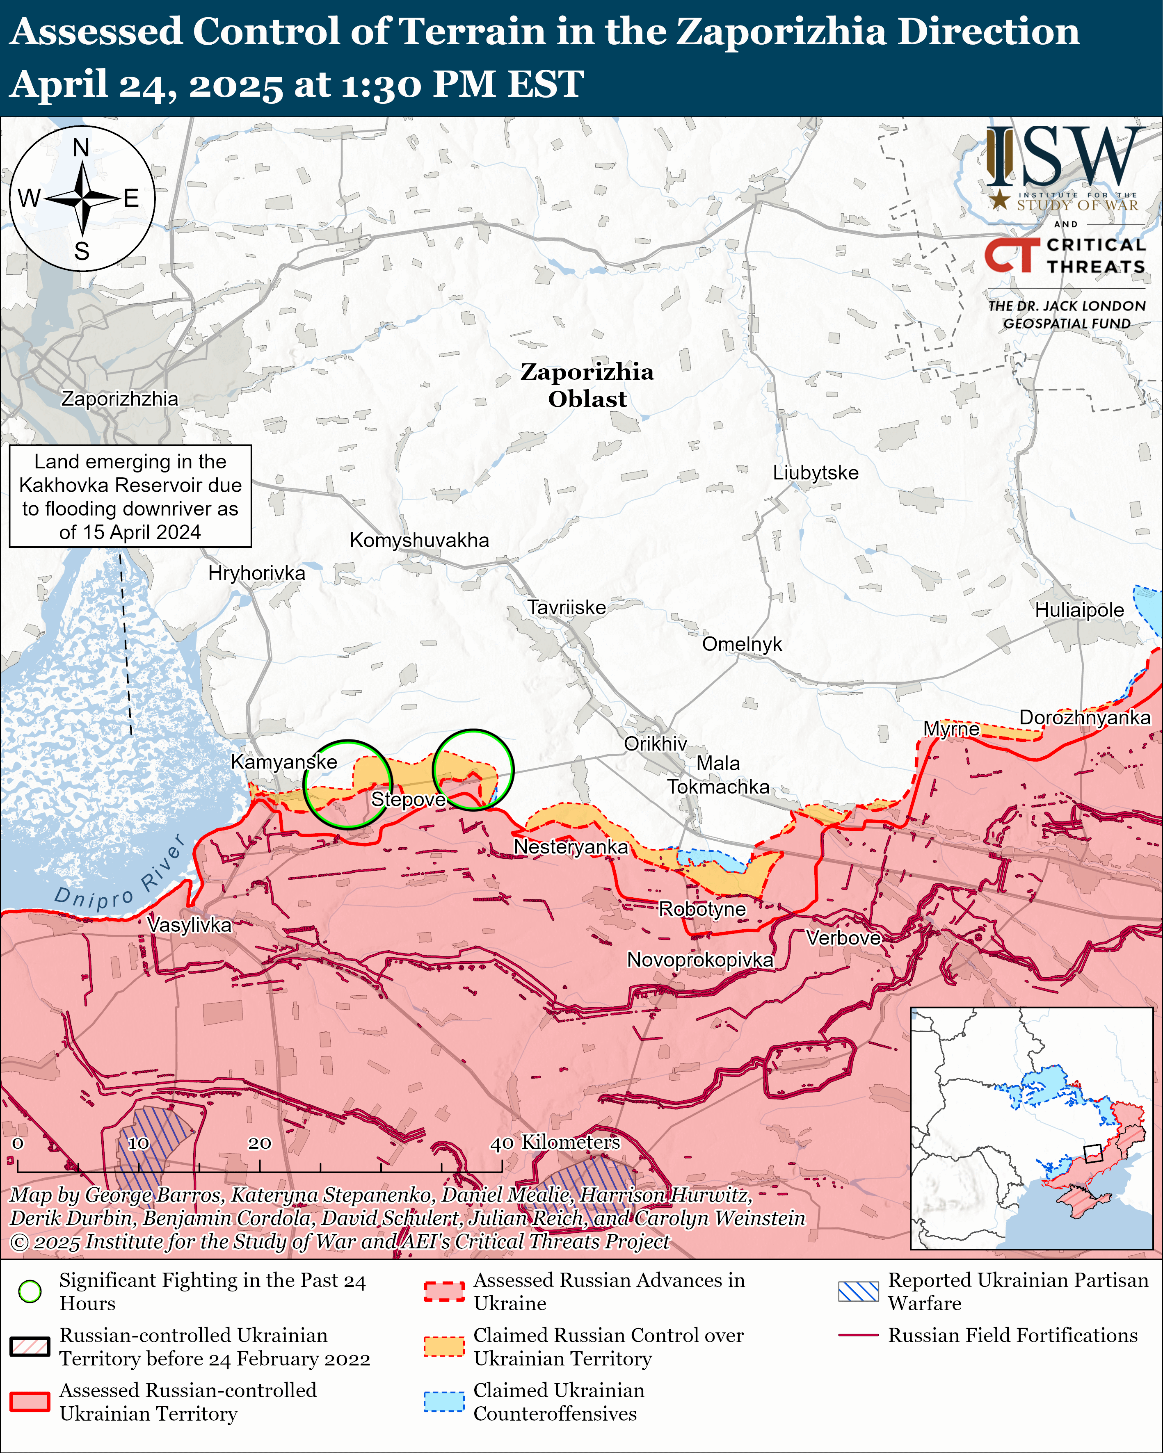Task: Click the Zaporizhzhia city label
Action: (120, 399)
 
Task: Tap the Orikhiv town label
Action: (655, 744)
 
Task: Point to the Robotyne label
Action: (702, 909)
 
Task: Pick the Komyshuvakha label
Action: (419, 541)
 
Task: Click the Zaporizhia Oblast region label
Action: (587, 385)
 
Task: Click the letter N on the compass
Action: (81, 148)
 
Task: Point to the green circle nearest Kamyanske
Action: (347, 785)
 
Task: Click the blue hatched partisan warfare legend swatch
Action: (858, 1292)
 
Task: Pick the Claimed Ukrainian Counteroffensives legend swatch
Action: (443, 1402)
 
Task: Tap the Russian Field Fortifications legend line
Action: (858, 1335)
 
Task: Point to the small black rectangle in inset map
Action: (1092, 1153)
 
